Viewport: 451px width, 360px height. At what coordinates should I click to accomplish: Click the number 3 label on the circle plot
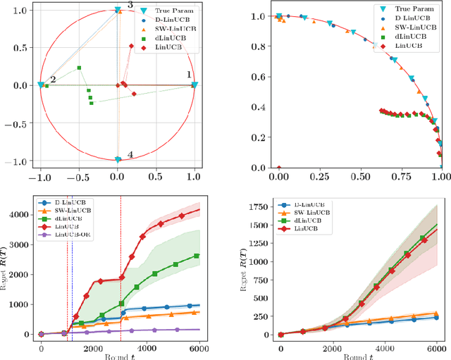(x=130, y=6)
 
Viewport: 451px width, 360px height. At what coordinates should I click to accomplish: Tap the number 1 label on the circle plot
(x=188, y=74)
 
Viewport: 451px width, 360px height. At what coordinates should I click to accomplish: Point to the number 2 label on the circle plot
(x=52, y=80)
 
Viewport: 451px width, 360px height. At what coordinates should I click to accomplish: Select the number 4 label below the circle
(x=130, y=154)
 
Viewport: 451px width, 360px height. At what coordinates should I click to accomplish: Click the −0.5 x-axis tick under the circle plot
(x=79, y=176)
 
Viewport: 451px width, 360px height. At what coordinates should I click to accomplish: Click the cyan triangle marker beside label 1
(x=194, y=85)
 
